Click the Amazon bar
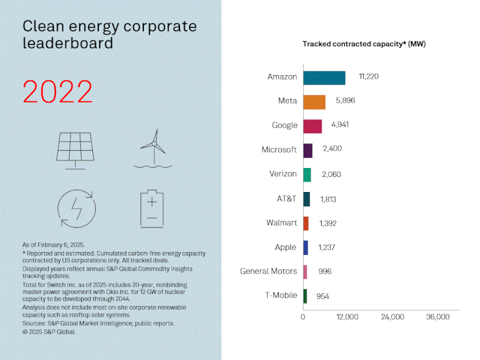pyautogui.click(x=324, y=77)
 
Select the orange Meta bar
pyautogui.click(x=314, y=101)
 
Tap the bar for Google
pyautogui.click(x=312, y=125)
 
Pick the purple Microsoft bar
pyautogui.click(x=308, y=150)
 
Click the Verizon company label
pyautogui.click(x=283, y=174)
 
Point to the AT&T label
pyautogui.click(x=286, y=199)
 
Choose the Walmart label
pyautogui.click(x=281, y=223)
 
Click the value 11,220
pyautogui.click(x=368, y=77)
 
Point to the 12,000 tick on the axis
pyautogui.click(x=347, y=317)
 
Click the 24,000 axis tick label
pyautogui.click(x=392, y=317)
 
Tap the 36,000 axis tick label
pyautogui.click(x=437, y=317)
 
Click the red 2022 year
pyautogui.click(x=58, y=92)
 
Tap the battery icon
pyautogui.click(x=152, y=209)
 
